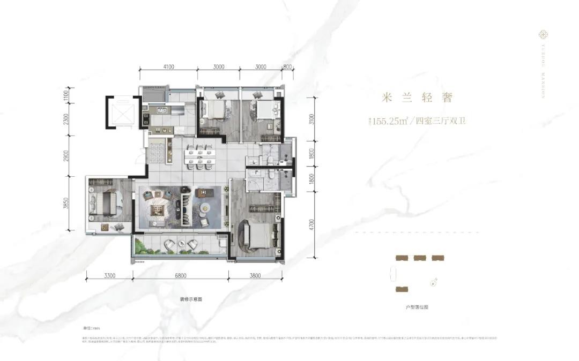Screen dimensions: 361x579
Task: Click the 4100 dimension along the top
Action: point(168,67)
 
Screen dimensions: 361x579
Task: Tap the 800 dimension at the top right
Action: point(287,67)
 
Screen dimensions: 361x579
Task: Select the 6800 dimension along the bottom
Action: point(180,276)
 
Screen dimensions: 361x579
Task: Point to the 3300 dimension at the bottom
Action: point(109,276)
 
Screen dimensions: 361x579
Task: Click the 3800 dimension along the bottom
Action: point(255,276)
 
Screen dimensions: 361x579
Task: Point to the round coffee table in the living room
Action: point(204,208)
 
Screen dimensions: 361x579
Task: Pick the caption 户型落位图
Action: point(417,307)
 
